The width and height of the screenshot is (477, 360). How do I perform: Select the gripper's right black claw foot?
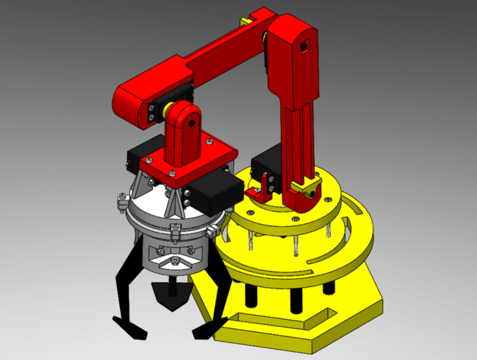point(207,329)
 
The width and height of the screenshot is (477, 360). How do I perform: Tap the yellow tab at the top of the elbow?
point(245,21)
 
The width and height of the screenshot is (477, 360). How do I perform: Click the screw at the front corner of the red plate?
point(172,173)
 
